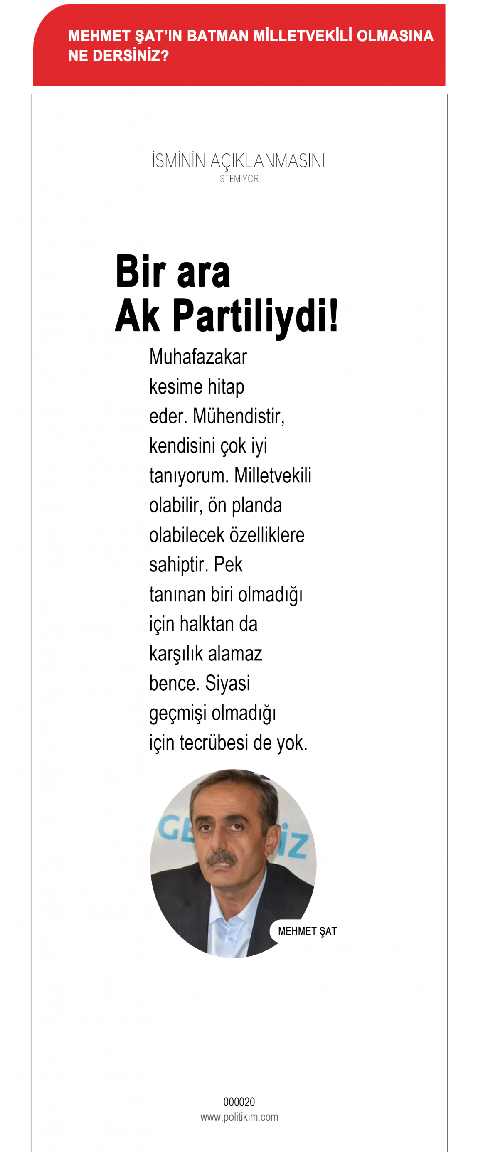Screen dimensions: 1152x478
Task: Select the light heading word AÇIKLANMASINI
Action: tap(267, 161)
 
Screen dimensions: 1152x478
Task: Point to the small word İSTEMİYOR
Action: tap(238, 179)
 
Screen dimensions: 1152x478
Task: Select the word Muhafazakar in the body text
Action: tap(198, 357)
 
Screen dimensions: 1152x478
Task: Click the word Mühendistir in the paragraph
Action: tap(238, 416)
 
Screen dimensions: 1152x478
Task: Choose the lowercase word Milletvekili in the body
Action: tap(273, 476)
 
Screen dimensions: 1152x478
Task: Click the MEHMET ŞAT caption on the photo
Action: tap(307, 931)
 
